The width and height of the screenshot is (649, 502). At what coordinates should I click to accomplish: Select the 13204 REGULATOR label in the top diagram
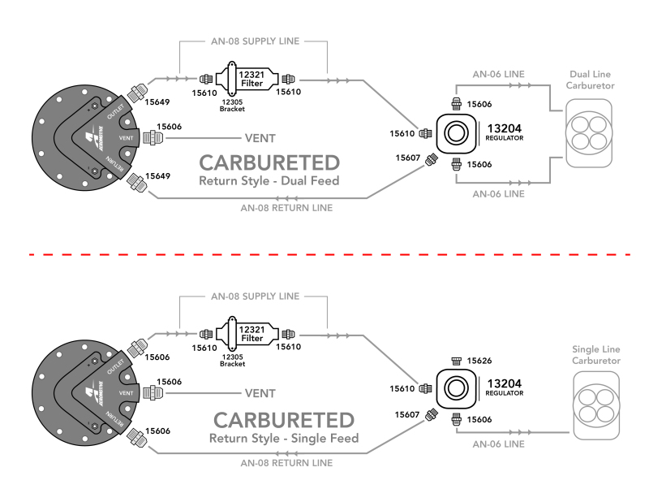click(x=505, y=132)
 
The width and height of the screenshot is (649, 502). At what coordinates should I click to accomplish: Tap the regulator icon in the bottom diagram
click(x=458, y=387)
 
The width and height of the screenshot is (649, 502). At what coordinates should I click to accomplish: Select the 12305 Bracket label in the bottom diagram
click(x=232, y=360)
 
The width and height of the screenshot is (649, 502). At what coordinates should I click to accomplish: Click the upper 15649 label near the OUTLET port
click(x=159, y=102)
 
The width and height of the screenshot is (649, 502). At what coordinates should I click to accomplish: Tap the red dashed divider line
click(x=324, y=254)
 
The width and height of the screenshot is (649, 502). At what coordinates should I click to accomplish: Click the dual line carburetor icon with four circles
click(x=586, y=132)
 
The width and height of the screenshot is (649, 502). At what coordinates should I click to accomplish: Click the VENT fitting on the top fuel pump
click(x=149, y=138)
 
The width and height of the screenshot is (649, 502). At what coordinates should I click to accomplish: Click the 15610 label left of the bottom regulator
click(x=402, y=388)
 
